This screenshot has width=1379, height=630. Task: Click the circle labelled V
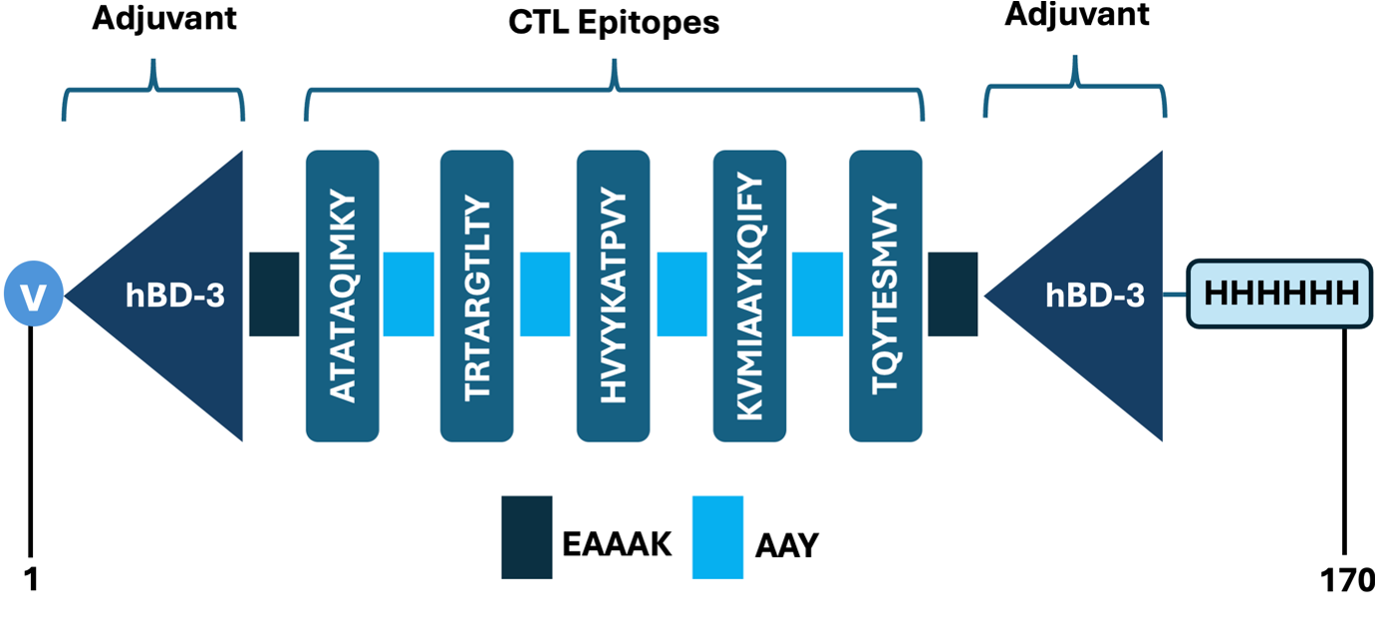coord(34,295)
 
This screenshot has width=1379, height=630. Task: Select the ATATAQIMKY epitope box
coord(342,295)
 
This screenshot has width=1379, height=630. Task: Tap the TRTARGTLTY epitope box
coord(476,295)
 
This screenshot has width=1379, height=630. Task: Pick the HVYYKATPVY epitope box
coord(613,295)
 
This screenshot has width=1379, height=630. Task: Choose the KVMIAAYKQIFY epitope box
coord(749,295)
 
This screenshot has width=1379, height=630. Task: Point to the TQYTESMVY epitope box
coord(885,295)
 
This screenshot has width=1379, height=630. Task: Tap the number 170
coord(1349,580)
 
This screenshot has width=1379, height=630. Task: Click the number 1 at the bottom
coord(31,580)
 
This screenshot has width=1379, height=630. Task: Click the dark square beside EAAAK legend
coord(526,536)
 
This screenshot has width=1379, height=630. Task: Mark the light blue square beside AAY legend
coord(717,536)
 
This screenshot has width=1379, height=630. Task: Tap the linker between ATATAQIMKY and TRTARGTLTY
coord(409,294)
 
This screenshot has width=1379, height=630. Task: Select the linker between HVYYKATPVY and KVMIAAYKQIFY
coord(682,294)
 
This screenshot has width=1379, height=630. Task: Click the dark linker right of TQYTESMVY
coord(953,294)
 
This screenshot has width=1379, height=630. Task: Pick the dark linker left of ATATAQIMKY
coord(274,294)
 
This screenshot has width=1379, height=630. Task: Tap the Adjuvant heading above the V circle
coord(164,18)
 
